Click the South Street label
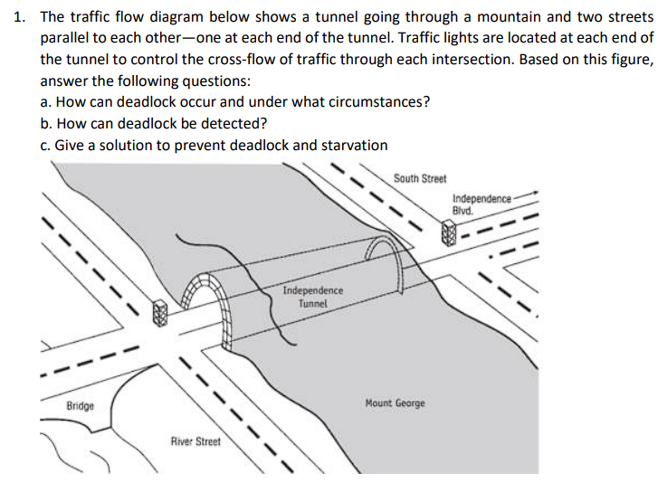pyautogui.click(x=420, y=178)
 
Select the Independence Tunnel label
pyautogui.click(x=312, y=297)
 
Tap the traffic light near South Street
pyautogui.click(x=446, y=235)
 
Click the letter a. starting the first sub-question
pyautogui.click(x=46, y=101)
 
